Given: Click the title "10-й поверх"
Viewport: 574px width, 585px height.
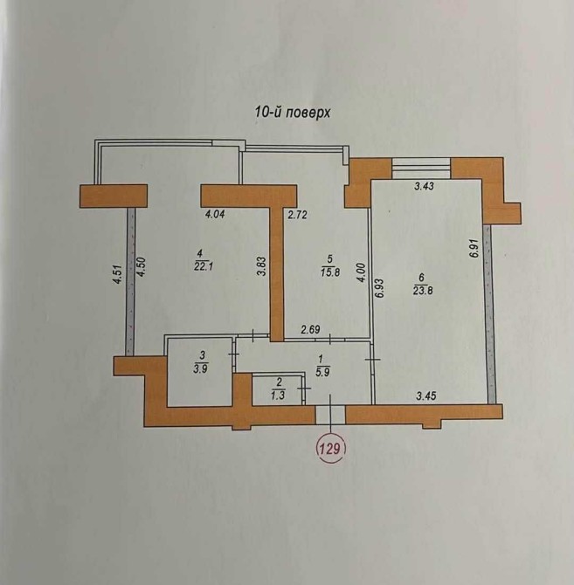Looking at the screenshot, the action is tap(292, 112).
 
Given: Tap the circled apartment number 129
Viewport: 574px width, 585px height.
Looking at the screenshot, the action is tap(330, 448).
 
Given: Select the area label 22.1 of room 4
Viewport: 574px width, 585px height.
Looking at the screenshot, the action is tap(204, 266).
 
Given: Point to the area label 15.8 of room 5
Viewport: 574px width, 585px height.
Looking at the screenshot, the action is tap(330, 272).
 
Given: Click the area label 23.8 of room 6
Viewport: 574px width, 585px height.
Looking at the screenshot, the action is tap(423, 290).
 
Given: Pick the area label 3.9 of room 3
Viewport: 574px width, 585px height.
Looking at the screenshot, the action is tap(201, 369).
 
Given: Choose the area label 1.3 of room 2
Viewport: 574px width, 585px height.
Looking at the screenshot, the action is tap(278, 396).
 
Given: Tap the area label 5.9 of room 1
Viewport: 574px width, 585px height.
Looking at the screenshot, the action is tap(322, 372).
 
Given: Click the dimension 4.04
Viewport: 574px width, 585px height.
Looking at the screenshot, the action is tap(215, 215).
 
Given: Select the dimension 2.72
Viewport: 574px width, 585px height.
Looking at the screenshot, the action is tap(297, 215).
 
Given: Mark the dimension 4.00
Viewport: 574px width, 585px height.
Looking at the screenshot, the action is tap(362, 273).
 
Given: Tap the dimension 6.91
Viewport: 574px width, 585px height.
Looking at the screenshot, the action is tap(474, 248).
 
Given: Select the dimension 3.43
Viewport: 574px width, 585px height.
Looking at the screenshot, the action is tap(425, 186).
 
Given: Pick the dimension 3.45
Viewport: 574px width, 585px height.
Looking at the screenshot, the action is tap(425, 396).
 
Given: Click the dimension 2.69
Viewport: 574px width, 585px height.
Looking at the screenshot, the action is tap(310, 329).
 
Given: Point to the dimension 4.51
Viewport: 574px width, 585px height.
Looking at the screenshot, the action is tap(117, 274).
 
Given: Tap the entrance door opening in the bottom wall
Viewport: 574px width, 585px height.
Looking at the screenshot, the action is tap(330, 415).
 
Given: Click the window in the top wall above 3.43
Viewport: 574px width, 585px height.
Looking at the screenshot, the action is tap(422, 169).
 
